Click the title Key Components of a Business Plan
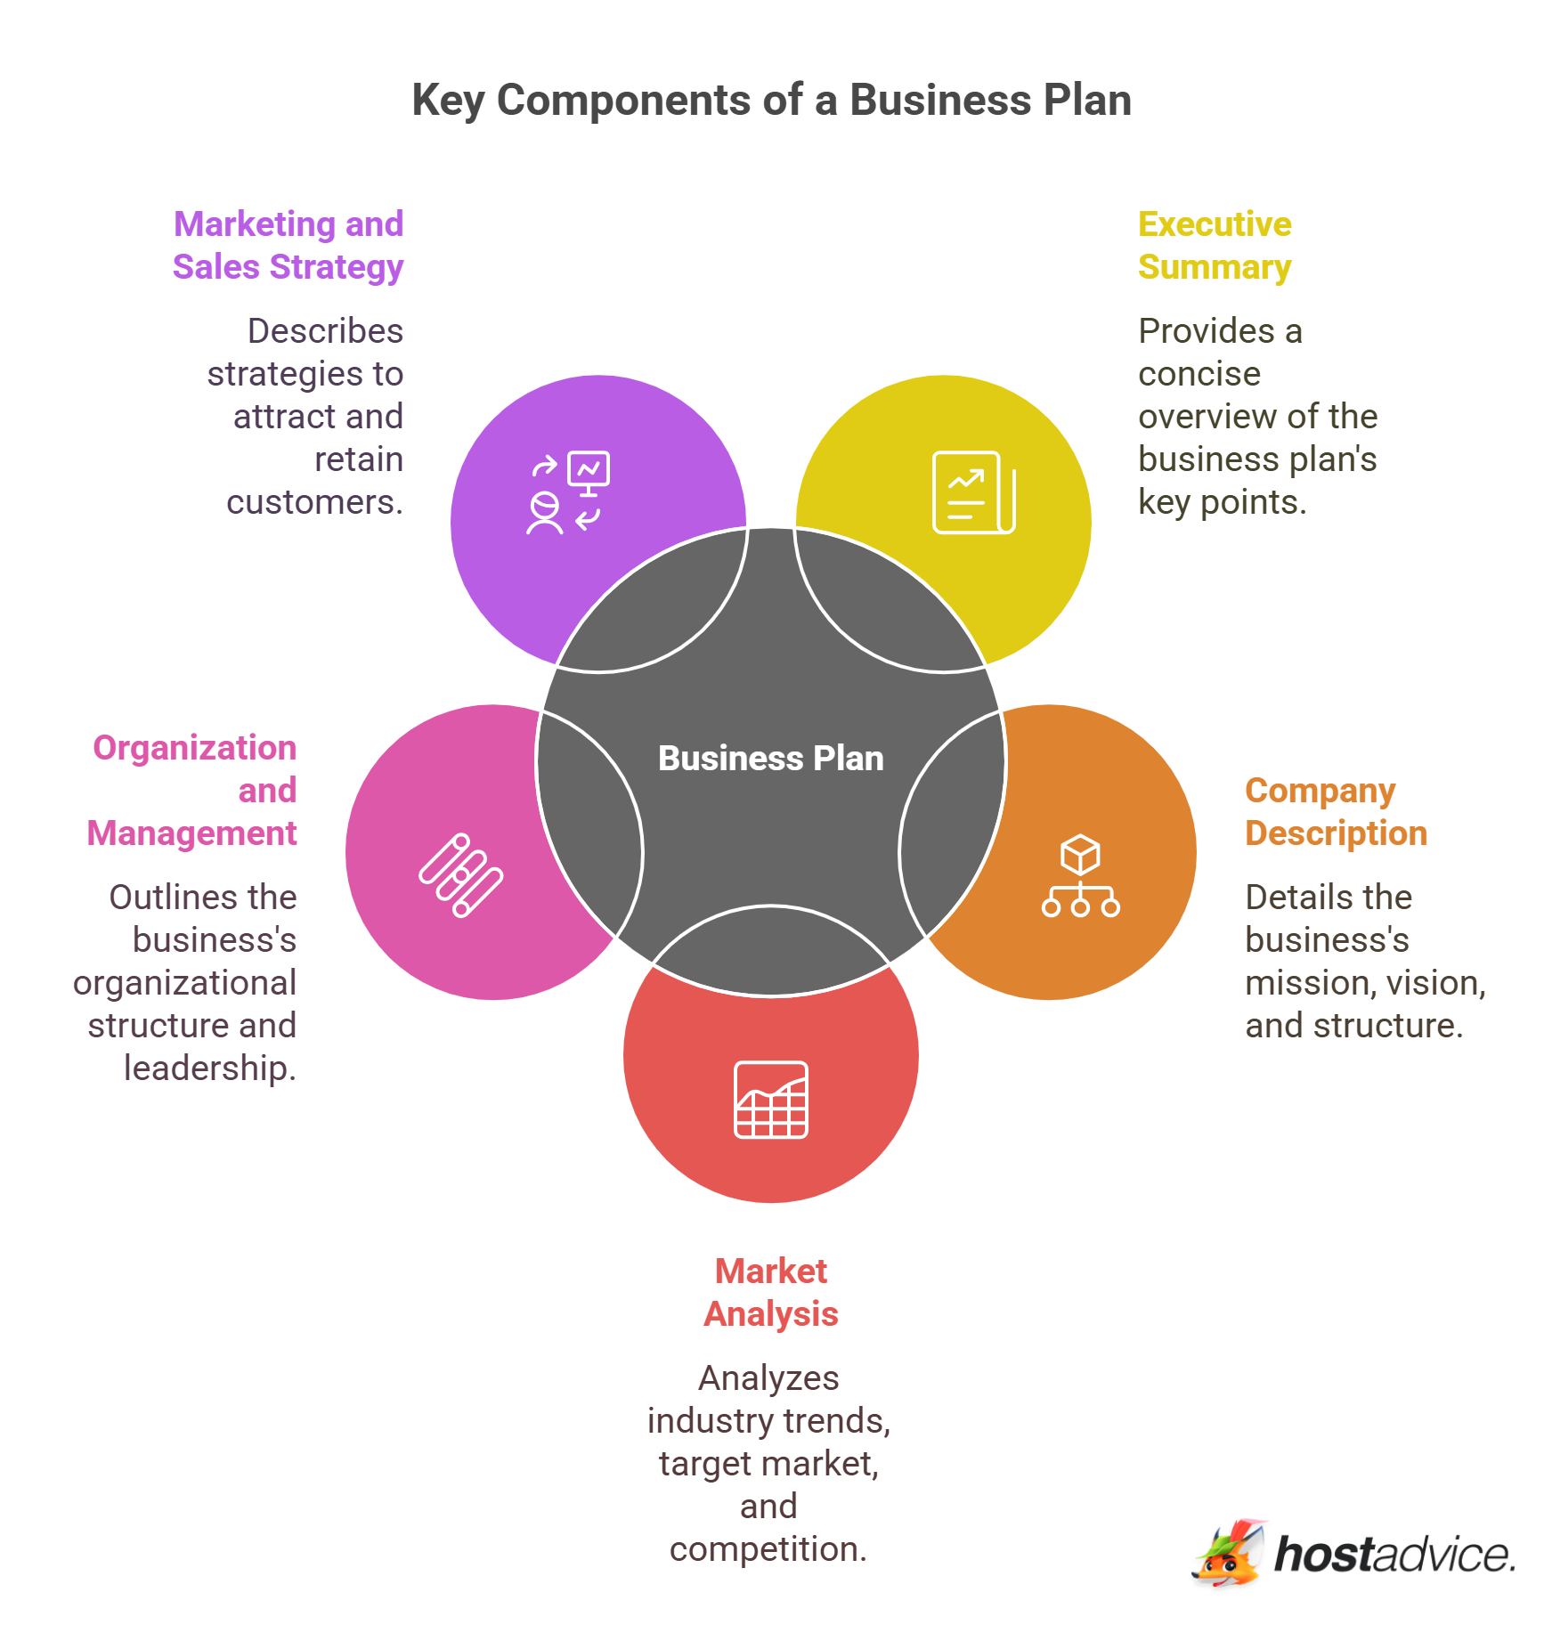(771, 100)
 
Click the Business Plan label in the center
(770, 759)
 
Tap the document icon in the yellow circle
(973, 492)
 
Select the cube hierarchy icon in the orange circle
(1080, 875)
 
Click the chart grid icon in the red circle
(771, 1100)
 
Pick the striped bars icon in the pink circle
(461, 875)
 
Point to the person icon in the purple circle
(544, 514)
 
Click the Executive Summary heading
(1214, 246)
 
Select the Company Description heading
(1335, 811)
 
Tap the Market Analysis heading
(771, 1292)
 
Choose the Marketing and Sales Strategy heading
(288, 246)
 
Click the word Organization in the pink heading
(195, 748)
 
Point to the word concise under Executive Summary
(1199, 374)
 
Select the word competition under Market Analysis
(767, 1549)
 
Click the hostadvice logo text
(1394, 1555)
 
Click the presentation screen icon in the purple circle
(589, 471)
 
